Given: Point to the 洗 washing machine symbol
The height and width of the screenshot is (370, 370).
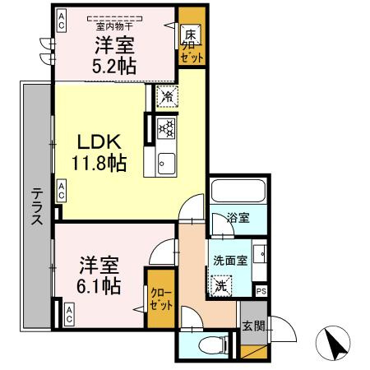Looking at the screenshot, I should click(x=221, y=287).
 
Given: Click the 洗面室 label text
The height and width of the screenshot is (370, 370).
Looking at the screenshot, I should click(x=229, y=261).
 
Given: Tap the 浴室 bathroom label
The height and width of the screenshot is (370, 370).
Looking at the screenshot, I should click(x=238, y=219).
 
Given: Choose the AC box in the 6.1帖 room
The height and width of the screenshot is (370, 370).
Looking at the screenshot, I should click(x=69, y=312).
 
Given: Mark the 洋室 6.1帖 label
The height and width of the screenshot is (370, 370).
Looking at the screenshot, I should click(x=100, y=275).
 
